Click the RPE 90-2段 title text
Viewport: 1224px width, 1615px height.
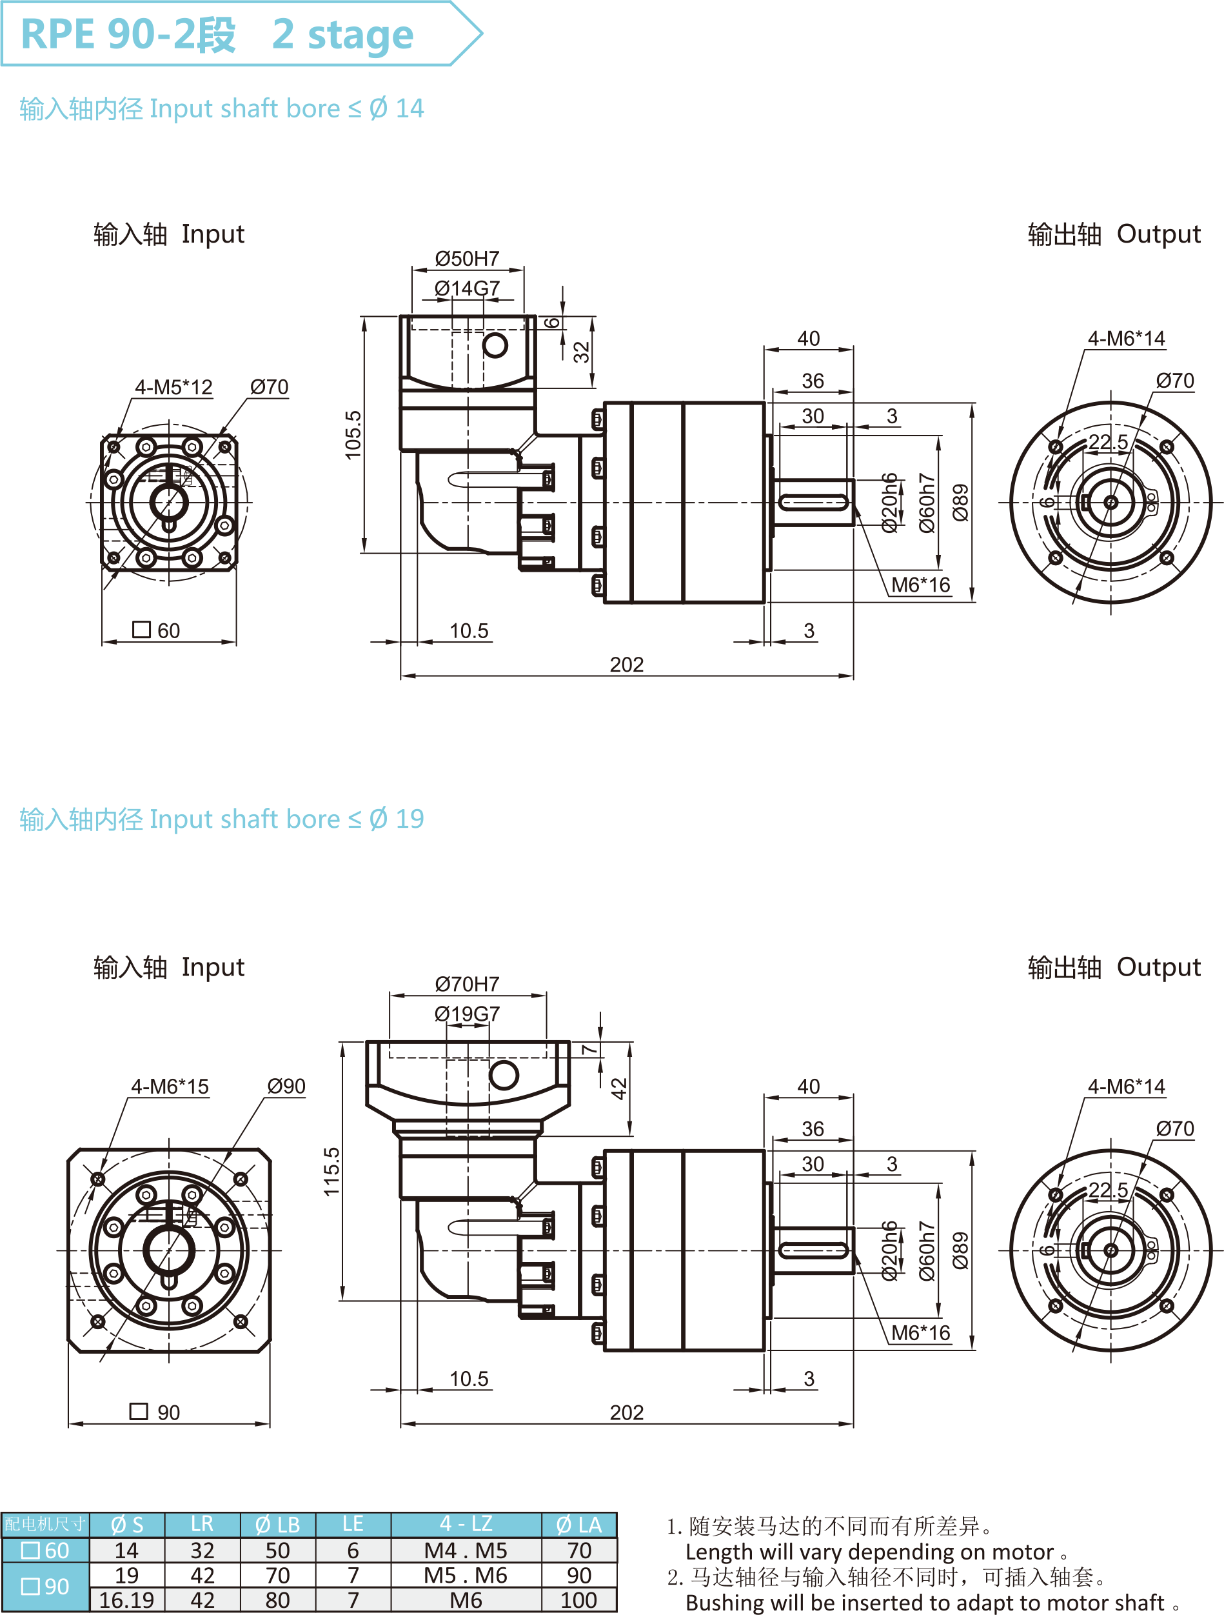click(x=128, y=34)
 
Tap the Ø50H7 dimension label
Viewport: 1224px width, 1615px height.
click(x=467, y=259)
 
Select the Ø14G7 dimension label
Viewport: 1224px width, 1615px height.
click(x=467, y=288)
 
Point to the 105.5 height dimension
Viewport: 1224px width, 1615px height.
click(x=353, y=434)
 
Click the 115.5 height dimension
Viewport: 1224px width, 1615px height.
click(x=332, y=1171)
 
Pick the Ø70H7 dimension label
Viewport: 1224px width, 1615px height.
click(x=467, y=983)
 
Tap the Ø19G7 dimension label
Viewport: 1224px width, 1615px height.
click(x=467, y=1014)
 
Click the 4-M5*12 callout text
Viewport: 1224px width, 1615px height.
click(x=173, y=387)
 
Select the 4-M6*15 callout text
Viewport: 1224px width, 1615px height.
click(x=170, y=1087)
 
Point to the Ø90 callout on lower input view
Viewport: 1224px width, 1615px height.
click(x=286, y=1087)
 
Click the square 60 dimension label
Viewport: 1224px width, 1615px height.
click(x=156, y=630)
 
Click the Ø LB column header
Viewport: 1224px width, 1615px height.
click(x=277, y=1525)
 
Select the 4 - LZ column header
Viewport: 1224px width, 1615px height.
click(x=466, y=1524)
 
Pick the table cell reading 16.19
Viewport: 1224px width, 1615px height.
click(x=126, y=1600)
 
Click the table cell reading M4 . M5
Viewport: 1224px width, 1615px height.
click(x=466, y=1550)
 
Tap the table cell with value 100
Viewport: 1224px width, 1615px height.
click(x=579, y=1600)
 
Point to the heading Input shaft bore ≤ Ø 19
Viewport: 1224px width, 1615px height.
click(x=221, y=819)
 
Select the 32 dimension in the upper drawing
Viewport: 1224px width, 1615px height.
click(x=581, y=352)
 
